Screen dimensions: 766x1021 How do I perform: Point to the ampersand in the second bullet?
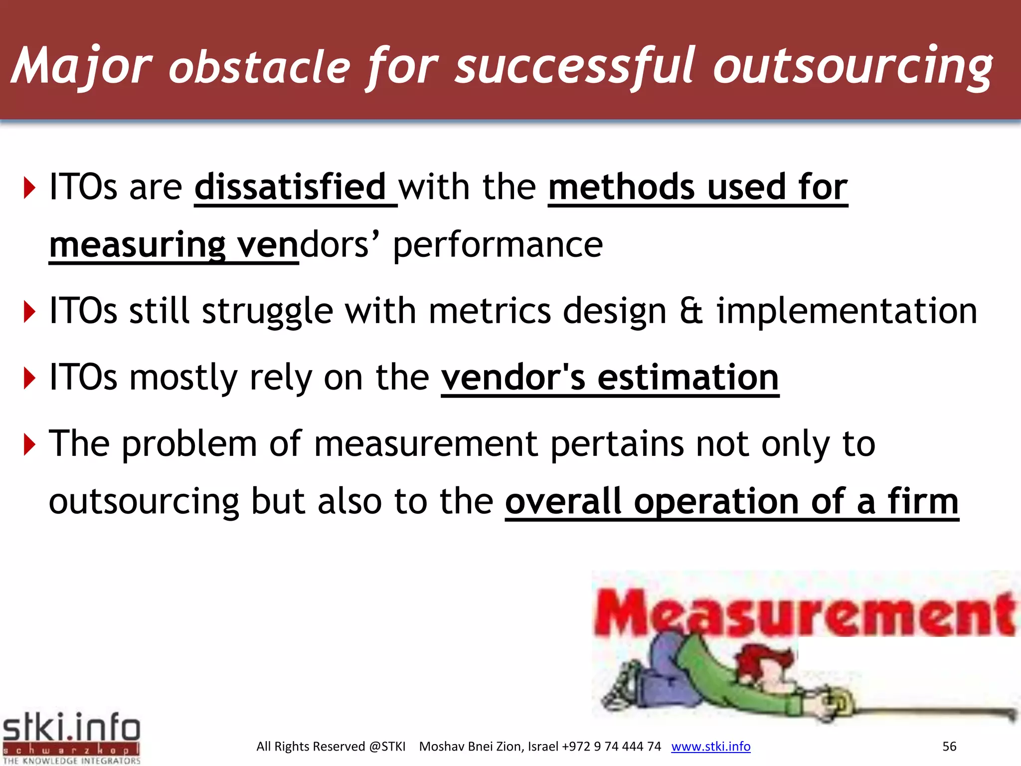[691, 311]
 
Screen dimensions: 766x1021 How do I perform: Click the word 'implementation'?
[847, 311]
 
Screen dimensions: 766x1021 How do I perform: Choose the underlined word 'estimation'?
[687, 377]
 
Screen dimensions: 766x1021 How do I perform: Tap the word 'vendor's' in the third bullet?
[513, 377]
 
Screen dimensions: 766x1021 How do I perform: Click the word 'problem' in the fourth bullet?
[189, 443]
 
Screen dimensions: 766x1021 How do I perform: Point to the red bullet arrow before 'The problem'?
[30, 444]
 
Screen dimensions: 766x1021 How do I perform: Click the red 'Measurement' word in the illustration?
[804, 613]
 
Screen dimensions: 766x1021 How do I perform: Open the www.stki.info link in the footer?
[710, 747]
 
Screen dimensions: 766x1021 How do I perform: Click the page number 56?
[949, 747]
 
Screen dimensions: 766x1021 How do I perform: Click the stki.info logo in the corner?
[71, 737]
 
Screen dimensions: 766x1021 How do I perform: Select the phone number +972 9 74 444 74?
[611, 747]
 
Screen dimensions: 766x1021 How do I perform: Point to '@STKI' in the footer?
[387, 747]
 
